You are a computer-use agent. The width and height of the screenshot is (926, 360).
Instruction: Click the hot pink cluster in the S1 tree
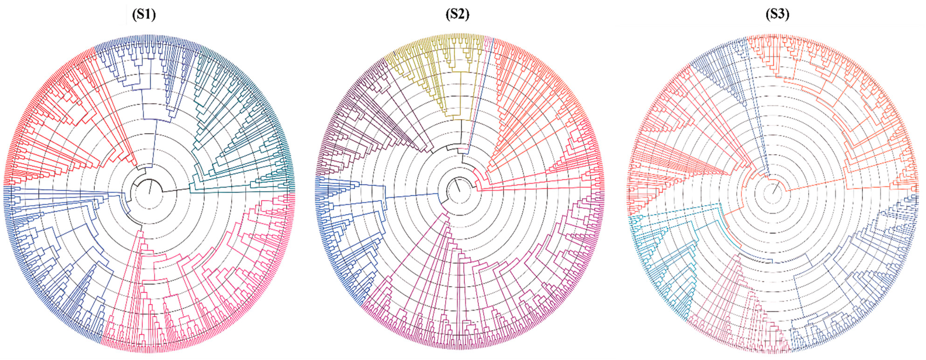[x=201, y=287]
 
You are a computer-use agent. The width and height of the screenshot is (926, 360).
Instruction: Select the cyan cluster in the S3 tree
[x=658, y=259]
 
